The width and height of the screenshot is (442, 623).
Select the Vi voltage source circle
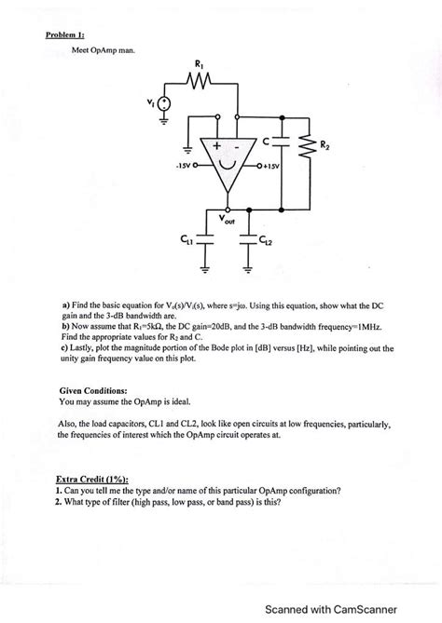point(164,106)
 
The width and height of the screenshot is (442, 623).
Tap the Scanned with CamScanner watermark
point(350,609)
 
